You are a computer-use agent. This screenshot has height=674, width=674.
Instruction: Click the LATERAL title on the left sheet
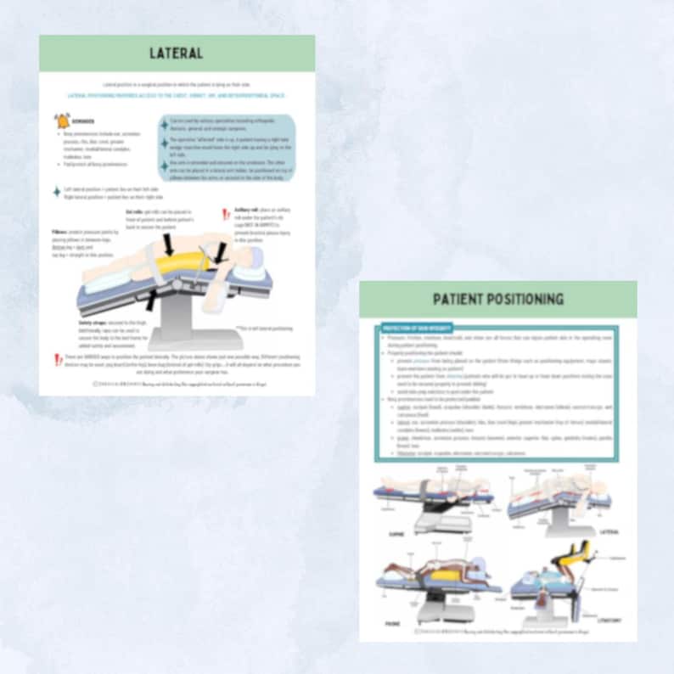click(177, 53)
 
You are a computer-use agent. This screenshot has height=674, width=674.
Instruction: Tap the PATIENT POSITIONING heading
click(497, 300)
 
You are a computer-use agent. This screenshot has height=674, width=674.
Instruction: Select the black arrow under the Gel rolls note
click(169, 245)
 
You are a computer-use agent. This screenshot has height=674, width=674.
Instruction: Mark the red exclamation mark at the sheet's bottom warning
click(58, 360)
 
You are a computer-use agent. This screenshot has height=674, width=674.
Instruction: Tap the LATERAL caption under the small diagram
click(608, 533)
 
